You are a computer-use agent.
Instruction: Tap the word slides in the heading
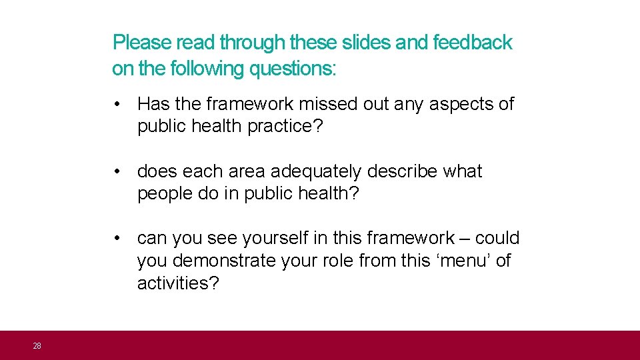pos(367,43)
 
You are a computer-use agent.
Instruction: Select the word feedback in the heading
pos(473,43)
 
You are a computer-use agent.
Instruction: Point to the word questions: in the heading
pos(293,68)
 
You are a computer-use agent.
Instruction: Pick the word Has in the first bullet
pos(153,104)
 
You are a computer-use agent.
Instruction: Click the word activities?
pos(178,283)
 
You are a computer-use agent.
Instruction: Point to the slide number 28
pos(37,345)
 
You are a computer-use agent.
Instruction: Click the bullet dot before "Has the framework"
pos(117,105)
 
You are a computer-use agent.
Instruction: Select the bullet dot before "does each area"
pos(117,172)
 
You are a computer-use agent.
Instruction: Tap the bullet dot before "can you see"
pos(117,239)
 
